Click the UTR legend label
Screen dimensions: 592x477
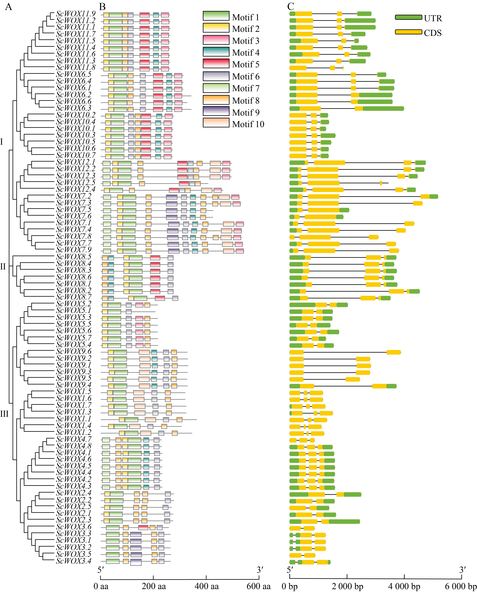point(433,18)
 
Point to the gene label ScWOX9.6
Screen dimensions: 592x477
point(74,351)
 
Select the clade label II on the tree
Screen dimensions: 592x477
point(3,267)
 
